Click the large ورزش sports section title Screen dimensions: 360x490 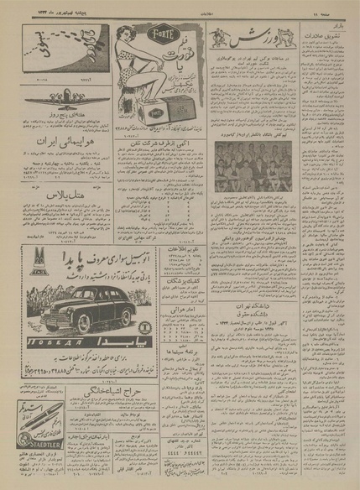pos(243,39)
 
